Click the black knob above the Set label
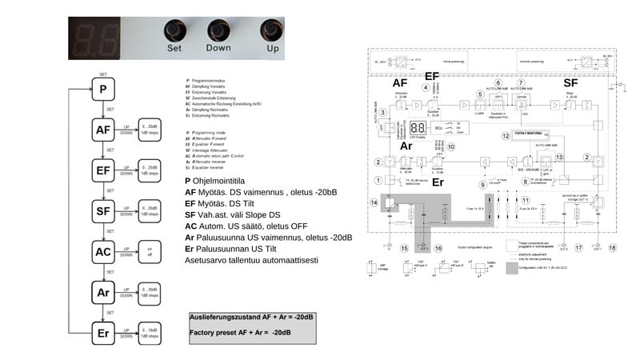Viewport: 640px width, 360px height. pos(174,31)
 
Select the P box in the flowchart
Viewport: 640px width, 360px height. pos(103,88)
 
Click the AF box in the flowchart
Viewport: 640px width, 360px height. pos(103,129)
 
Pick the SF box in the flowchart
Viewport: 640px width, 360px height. pos(103,210)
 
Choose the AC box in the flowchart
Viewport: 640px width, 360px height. pos(103,251)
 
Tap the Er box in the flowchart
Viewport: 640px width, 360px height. pos(103,334)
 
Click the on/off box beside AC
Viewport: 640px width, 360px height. pos(150,251)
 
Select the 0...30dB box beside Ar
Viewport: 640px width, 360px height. pos(150,293)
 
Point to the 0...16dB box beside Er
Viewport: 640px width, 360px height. pos(150,334)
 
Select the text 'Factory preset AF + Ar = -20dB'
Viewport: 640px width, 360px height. pos(239,331)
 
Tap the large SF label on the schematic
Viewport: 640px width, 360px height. pos(570,82)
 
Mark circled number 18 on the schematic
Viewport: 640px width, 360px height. pos(612,248)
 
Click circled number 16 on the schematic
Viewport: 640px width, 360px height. pos(438,248)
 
